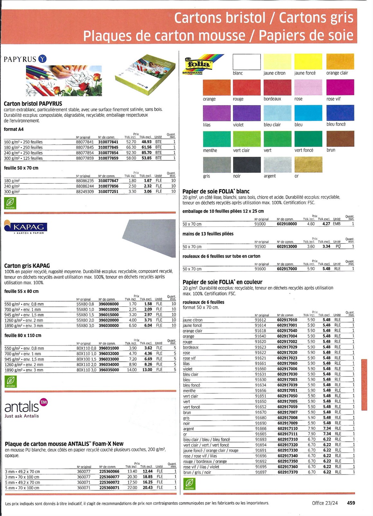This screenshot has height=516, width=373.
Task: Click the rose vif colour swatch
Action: click(340, 87)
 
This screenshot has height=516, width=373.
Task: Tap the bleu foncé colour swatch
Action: click(340, 113)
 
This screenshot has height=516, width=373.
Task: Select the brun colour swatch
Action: click(340, 139)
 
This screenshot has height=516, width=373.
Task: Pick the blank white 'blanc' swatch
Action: click(246, 62)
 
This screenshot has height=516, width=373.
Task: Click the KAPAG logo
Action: click(26, 227)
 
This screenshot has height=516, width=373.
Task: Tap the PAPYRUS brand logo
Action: click(25, 59)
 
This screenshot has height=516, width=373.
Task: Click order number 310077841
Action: click(108, 142)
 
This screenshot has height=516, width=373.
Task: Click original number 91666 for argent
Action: click(260, 429)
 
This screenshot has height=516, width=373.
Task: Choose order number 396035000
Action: click(109, 370)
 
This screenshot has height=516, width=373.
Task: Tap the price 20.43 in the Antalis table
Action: click(148, 487)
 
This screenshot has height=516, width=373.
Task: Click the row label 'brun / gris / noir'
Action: click(197, 472)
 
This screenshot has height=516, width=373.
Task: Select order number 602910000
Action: click(287, 224)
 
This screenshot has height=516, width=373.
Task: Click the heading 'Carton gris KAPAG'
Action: click(27, 266)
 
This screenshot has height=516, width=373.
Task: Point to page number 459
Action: click(351, 503)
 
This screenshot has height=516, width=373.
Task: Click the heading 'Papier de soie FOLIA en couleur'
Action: click(223, 282)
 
